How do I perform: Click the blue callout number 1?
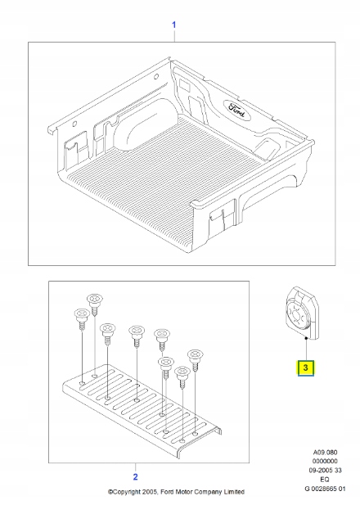(173, 25)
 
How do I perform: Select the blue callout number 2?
(135, 476)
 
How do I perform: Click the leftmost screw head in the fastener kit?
(81, 313)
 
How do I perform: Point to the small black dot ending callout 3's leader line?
(305, 336)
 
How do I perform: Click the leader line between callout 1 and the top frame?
(173, 37)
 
